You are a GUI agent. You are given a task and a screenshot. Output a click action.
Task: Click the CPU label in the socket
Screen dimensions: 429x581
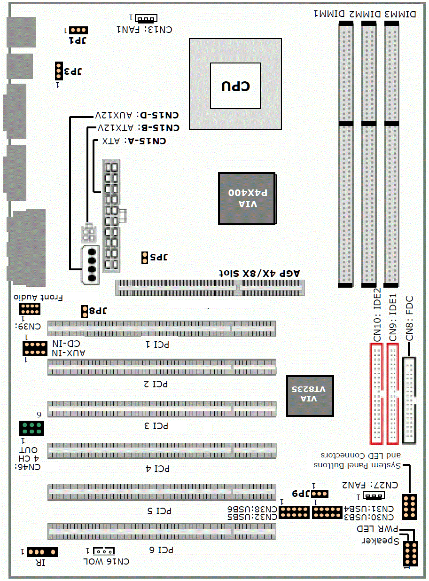[236, 86]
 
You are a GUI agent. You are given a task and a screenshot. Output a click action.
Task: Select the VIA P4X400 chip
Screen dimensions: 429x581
[247, 198]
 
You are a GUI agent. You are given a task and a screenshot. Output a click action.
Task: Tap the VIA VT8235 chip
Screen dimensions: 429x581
[310, 395]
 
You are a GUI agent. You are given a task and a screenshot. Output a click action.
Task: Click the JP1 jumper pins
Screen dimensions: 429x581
[78, 30]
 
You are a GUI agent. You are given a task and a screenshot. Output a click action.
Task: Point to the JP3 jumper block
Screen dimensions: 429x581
[59, 71]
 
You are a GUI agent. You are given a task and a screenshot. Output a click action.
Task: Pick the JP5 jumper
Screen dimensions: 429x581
[145, 258]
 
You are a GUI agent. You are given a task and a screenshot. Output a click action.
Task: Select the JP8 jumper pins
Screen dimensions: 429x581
[84, 312]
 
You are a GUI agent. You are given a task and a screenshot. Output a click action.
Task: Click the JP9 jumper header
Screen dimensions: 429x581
[320, 494]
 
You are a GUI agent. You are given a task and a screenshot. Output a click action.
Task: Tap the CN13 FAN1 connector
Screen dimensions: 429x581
[146, 18]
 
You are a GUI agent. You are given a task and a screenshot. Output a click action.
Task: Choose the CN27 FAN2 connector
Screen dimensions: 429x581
[374, 495]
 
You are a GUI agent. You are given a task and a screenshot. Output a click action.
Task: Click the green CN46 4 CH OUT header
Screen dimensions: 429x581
[31, 428]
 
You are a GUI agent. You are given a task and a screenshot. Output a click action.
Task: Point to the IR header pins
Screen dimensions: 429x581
[42, 552]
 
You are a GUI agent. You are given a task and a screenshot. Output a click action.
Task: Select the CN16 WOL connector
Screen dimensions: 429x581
[104, 551]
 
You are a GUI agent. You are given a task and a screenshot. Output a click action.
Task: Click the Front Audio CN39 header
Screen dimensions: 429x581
[30, 308]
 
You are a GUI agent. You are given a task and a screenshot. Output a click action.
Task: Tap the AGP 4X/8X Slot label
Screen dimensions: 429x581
[259, 274]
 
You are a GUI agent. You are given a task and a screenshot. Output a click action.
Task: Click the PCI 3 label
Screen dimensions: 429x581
[156, 426]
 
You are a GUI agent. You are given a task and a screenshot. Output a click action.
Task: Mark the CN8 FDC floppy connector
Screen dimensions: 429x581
[409, 400]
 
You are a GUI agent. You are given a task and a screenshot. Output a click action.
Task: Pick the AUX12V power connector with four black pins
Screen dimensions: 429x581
[90, 265]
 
